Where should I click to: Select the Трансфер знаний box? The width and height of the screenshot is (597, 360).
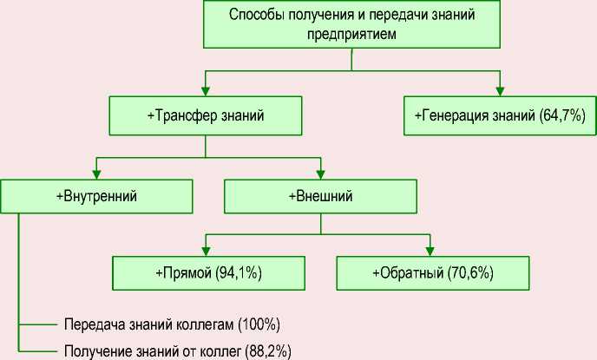[x=206, y=115]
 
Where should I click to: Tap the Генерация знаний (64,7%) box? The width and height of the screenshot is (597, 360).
[x=501, y=115]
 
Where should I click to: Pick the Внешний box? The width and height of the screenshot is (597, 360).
[x=320, y=196]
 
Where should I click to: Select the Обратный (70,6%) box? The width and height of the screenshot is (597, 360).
[x=432, y=273]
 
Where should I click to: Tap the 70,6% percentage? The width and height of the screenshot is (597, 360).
[x=470, y=273]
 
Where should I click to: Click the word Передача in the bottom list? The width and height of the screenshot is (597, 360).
[x=90, y=324]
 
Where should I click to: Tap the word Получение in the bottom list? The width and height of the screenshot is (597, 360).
[x=95, y=351]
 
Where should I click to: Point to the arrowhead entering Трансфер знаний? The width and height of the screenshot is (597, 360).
[x=206, y=91]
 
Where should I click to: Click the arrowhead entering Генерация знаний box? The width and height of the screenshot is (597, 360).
[x=501, y=91]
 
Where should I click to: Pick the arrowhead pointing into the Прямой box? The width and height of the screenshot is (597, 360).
[x=205, y=251]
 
